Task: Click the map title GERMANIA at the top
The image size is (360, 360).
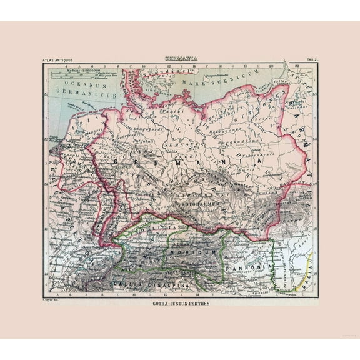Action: click(182, 59)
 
